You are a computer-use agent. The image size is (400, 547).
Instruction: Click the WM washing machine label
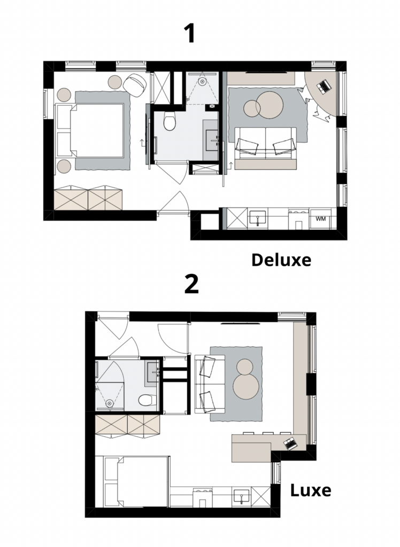click(x=320, y=218)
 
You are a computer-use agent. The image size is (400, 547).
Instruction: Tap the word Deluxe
click(x=281, y=260)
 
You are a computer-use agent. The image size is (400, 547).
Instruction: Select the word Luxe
click(x=311, y=490)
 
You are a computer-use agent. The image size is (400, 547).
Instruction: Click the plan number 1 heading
click(x=190, y=34)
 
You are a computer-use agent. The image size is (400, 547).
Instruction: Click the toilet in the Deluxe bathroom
click(x=170, y=121)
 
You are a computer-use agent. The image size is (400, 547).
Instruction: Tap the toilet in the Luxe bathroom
click(x=147, y=400)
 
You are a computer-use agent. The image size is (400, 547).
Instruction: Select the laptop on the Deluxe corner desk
click(x=324, y=87)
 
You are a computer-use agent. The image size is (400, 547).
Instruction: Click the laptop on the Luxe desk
click(x=290, y=443)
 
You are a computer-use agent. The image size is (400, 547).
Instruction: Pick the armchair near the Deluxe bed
click(x=135, y=85)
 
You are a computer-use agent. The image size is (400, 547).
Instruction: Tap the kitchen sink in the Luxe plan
click(x=242, y=496)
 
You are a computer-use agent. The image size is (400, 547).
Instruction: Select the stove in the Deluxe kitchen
click(x=299, y=218)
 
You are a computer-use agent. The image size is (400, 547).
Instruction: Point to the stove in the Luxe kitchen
click(x=202, y=497)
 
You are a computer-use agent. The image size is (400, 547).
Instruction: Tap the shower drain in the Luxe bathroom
click(x=110, y=403)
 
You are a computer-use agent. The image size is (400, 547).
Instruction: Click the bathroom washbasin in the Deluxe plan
click(x=212, y=140)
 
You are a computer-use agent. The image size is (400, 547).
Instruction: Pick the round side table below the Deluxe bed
click(x=64, y=166)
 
